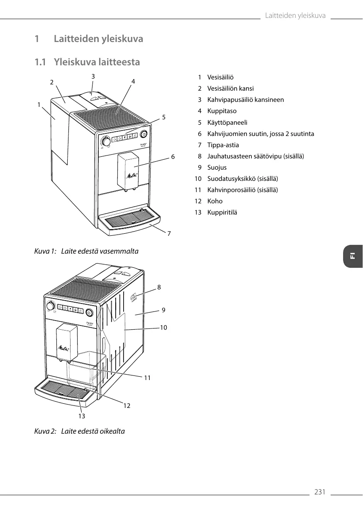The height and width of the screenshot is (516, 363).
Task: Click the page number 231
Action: pos(319,492)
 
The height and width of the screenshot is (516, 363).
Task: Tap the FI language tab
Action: pos(353,256)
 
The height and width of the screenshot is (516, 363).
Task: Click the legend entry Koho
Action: pos(215,201)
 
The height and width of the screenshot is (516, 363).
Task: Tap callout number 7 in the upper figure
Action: pos(169,234)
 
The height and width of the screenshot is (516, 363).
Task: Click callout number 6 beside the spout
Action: pos(173,157)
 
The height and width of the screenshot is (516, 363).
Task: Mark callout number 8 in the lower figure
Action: pos(159,287)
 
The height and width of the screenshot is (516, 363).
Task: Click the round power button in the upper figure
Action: pos(144,134)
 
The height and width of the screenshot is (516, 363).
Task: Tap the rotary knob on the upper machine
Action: pos(107,142)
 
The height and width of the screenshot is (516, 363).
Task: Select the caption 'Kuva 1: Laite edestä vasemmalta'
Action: pos(86,252)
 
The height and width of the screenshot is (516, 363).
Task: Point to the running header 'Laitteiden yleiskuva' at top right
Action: pos(295,16)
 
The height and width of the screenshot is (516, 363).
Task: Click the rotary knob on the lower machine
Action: pos(50,306)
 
